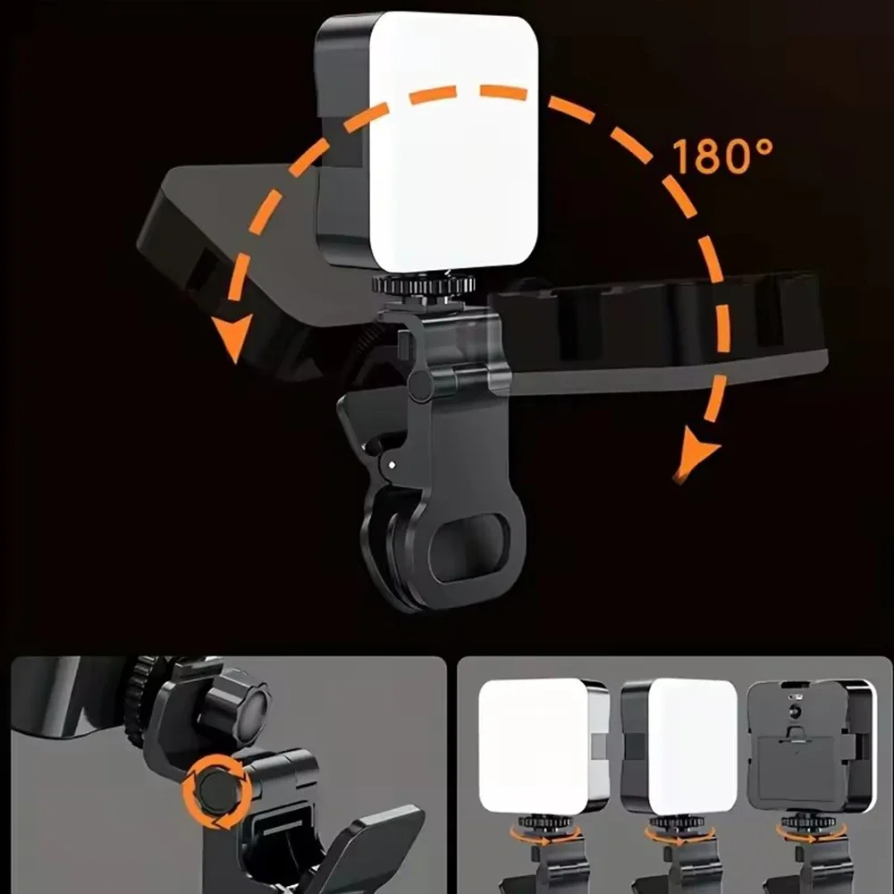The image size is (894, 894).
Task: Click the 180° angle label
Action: [722, 156]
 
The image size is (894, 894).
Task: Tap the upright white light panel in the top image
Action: [453, 143]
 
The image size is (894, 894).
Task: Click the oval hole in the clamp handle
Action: [467, 544]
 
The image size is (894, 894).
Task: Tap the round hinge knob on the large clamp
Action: [420, 384]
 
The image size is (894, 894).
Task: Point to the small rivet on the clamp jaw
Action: [390, 463]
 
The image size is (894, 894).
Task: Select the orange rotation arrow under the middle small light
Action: [679, 836]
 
